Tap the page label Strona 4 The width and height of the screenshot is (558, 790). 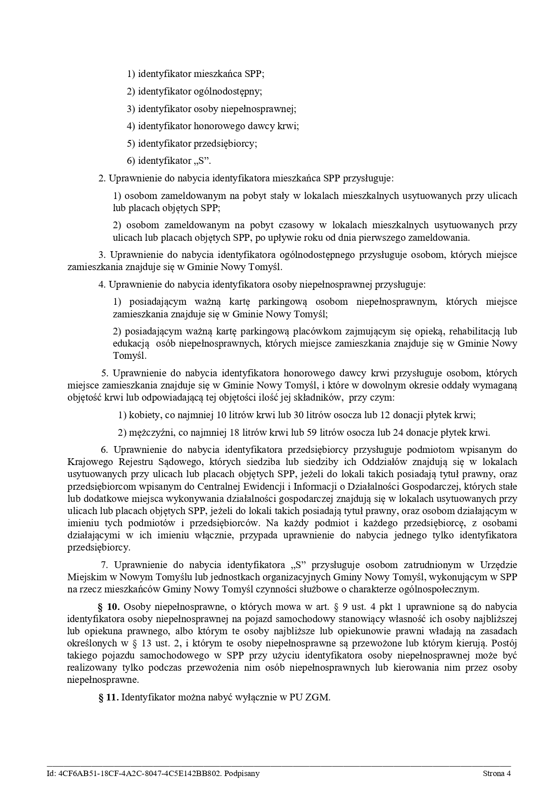click(x=496, y=773)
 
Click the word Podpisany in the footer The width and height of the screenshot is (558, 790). click(x=243, y=773)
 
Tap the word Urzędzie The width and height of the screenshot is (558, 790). click(x=499, y=564)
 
